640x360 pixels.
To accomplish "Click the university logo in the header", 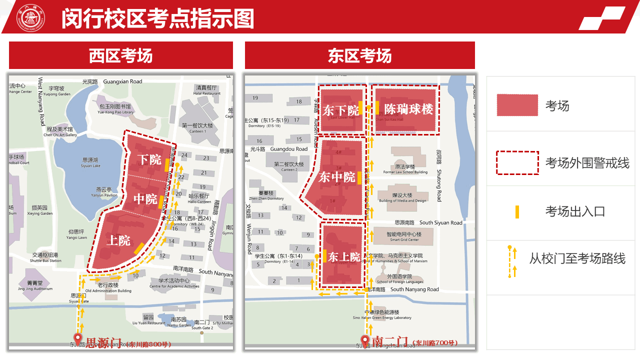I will click(31, 18).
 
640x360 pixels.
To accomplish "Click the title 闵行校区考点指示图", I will click(158, 19).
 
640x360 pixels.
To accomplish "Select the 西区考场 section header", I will click(121, 55).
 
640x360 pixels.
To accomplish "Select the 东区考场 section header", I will click(359, 55).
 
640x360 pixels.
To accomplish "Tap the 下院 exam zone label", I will click(149, 160).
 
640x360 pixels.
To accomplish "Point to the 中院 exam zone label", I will click(145, 199).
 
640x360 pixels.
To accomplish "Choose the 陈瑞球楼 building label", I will click(408, 108).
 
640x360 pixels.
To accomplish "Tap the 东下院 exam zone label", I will click(340, 110).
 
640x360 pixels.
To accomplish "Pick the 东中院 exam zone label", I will click(337, 177).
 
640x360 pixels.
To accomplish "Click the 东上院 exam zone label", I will click(344, 257).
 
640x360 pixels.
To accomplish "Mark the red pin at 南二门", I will click(365, 340).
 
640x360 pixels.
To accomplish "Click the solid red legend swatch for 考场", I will click(517, 105).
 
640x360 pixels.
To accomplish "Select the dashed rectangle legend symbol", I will click(517, 162).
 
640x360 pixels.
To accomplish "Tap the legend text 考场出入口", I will click(575, 211).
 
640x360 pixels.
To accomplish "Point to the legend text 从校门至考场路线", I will click(577, 258).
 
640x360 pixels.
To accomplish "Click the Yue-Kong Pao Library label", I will click(114, 109).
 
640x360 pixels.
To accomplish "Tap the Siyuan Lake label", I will click(90, 162).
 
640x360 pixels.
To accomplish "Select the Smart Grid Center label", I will click(404, 236).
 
